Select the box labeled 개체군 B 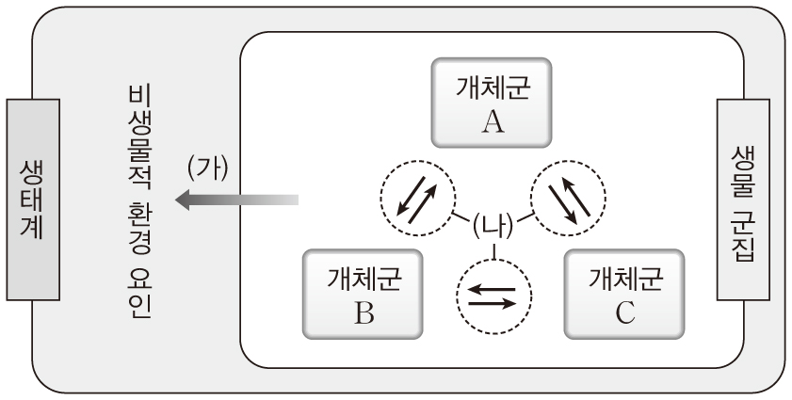coord(363,294)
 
